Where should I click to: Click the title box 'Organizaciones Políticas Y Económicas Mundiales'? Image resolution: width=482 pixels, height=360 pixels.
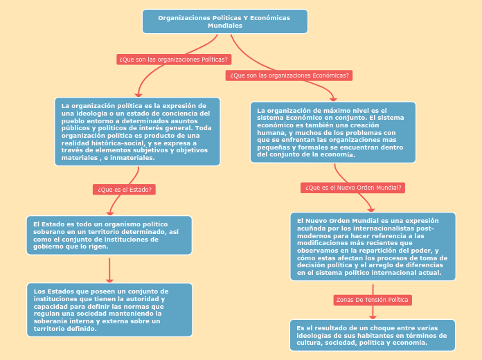[x=224, y=21]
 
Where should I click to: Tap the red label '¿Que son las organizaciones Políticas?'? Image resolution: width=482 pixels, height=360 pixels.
[x=174, y=60]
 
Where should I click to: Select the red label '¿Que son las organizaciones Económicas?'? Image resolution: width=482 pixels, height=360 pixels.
[x=289, y=75]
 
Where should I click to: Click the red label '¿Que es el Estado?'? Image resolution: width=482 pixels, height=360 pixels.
[x=124, y=189]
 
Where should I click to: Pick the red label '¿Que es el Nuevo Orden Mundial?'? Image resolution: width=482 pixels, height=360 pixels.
[x=353, y=188]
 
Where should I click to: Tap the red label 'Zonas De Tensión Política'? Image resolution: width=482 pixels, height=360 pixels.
[x=372, y=300]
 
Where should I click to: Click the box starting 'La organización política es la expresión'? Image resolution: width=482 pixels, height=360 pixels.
[x=137, y=132]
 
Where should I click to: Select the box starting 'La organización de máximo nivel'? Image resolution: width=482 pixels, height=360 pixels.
[x=332, y=132]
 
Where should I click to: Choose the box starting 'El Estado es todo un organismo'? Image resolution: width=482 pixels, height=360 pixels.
[x=109, y=235]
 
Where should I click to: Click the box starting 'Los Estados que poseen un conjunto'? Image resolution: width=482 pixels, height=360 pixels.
[x=109, y=309]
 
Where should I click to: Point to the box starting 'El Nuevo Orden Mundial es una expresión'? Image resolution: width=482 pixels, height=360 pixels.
[x=373, y=246]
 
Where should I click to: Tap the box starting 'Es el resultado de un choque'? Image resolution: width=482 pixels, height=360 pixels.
[x=373, y=335]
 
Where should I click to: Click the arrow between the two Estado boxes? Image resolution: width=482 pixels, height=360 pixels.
[x=109, y=269]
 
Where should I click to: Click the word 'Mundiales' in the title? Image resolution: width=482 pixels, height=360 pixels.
[x=225, y=26]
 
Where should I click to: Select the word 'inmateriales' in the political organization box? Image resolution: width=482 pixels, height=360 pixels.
[x=132, y=158]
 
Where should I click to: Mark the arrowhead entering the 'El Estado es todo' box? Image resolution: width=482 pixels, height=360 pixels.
[x=109, y=213]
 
